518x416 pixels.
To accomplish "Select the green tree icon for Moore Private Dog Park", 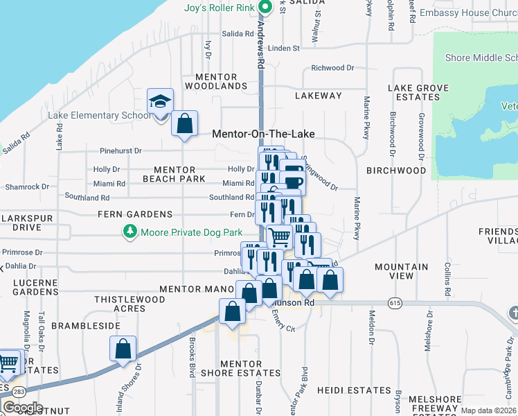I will point(129,232).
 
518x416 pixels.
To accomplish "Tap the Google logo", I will point(23,408).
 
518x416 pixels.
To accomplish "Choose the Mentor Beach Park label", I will point(174,174).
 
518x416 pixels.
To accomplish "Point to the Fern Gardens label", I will point(135,214).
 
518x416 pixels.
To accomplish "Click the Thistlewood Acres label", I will point(129,304).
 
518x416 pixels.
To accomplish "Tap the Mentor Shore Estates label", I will point(240,368).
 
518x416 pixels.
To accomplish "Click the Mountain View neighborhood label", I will point(402,270).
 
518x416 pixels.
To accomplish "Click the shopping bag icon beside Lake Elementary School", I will point(184,124).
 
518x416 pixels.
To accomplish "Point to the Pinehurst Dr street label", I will point(120,150).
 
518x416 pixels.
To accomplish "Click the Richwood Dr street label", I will point(332,68).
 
